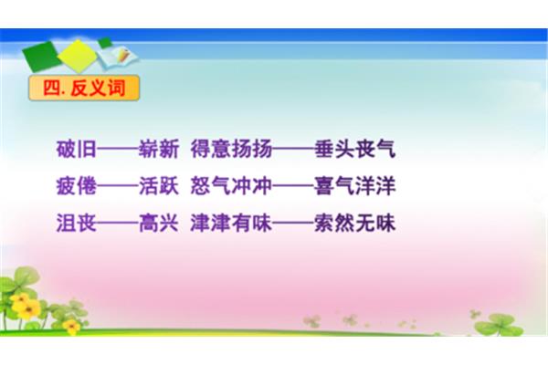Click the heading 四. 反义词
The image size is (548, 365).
pyautogui.click(x=84, y=88)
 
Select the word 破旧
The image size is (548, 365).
pyautogui.click(x=77, y=149)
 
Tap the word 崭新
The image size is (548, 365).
pyautogui.click(x=159, y=149)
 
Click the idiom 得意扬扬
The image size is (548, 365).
pyautogui.click(x=231, y=149)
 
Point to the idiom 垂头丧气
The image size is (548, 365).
pyautogui.click(x=354, y=149)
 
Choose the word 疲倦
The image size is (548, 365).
pyautogui.click(x=77, y=186)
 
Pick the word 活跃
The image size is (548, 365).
pyautogui.click(x=159, y=186)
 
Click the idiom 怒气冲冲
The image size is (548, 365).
pyautogui.click(x=231, y=186)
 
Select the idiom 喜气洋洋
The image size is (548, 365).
pyautogui.click(x=354, y=186)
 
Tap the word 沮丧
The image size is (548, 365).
pyautogui.click(x=77, y=223)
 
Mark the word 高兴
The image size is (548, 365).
pyautogui.click(x=159, y=223)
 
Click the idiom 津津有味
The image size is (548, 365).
pyautogui.click(x=231, y=223)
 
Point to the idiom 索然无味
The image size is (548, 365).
pyautogui.click(x=354, y=223)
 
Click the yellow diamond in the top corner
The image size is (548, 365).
pyautogui.click(x=78, y=56)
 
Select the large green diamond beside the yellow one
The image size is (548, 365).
pyautogui.click(x=41, y=57)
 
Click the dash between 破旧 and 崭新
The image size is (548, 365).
pyautogui.click(x=118, y=149)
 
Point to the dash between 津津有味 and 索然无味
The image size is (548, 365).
pyautogui.click(x=293, y=223)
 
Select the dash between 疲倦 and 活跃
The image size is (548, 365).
pyautogui.click(x=118, y=186)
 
